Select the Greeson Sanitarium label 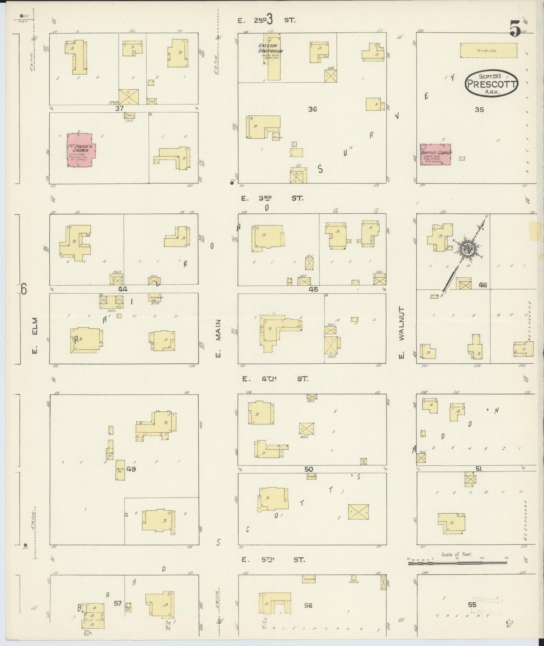pyautogui.click(x=270, y=48)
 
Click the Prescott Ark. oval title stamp pyautogui.click(x=491, y=83)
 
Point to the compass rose pyautogui.click(x=468, y=248)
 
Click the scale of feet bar pyautogui.click(x=459, y=563)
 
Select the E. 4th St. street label pyautogui.click(x=275, y=379)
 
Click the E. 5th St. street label pyautogui.click(x=273, y=560)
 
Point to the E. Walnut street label pyautogui.click(x=401, y=334)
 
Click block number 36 pyautogui.click(x=312, y=109)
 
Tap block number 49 pyautogui.click(x=131, y=469)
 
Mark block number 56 pyautogui.click(x=308, y=605)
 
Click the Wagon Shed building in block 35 pyautogui.click(x=489, y=50)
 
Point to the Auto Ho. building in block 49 pyautogui.click(x=120, y=470)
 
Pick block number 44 pyautogui.click(x=123, y=289)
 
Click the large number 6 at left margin pyautogui.click(x=24, y=289)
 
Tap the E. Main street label pyautogui.click(x=218, y=338)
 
